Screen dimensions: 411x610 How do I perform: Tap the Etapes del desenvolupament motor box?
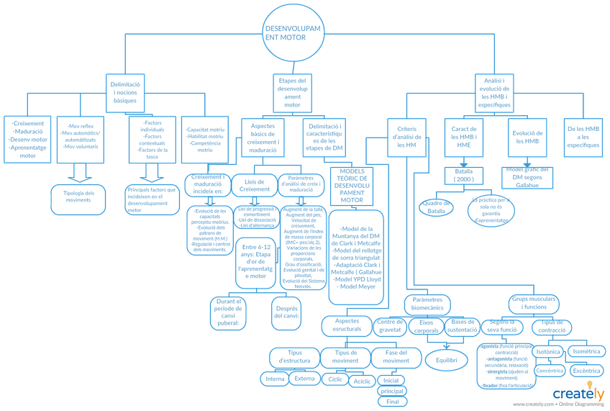click(x=292, y=92)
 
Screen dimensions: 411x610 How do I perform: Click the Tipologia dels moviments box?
click(x=80, y=196)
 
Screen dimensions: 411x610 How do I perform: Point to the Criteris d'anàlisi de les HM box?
click(x=407, y=135)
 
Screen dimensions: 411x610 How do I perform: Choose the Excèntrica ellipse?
click(x=587, y=371)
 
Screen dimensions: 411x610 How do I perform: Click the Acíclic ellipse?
click(x=362, y=381)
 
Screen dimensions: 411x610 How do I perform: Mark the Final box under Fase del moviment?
click(x=392, y=402)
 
